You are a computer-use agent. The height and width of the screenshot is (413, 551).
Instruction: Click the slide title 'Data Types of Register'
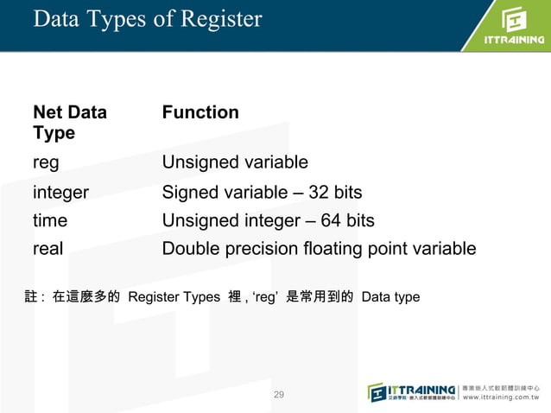coord(147,19)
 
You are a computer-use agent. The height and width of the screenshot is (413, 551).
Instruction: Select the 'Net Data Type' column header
coord(70,123)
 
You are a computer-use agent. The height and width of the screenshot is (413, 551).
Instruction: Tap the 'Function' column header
coord(200,112)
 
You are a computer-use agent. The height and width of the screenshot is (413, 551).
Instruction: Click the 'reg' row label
coord(46,163)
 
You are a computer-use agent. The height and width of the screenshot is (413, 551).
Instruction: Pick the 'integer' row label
coord(60,192)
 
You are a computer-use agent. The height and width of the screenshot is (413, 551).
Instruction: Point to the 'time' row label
coord(50,220)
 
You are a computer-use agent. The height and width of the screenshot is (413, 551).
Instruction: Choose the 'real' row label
coord(47,249)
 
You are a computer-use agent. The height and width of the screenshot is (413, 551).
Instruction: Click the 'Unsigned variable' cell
coord(235,163)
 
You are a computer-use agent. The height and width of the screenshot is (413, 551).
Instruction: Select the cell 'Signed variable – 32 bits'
coord(262,192)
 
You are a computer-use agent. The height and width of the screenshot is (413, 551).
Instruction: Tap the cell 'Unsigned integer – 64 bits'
coord(268,220)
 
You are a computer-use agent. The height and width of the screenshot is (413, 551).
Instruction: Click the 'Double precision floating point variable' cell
coord(319,249)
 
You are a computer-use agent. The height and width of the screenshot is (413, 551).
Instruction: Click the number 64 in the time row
coord(331,220)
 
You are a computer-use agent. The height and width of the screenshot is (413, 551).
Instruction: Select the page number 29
coord(278,395)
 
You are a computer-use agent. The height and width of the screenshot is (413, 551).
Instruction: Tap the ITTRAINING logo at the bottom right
coord(412,391)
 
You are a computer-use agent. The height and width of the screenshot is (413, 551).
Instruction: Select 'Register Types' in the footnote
coord(174,297)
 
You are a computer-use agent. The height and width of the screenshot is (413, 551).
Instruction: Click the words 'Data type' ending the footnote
coord(390,297)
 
